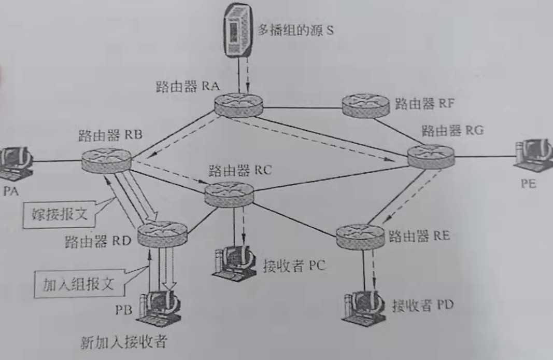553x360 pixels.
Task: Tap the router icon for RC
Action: point(229,193)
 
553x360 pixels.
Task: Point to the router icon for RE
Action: point(359,237)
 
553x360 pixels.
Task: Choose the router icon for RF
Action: point(365,105)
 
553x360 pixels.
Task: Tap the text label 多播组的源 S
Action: point(296,29)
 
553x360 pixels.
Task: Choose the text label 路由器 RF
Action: point(424,104)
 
